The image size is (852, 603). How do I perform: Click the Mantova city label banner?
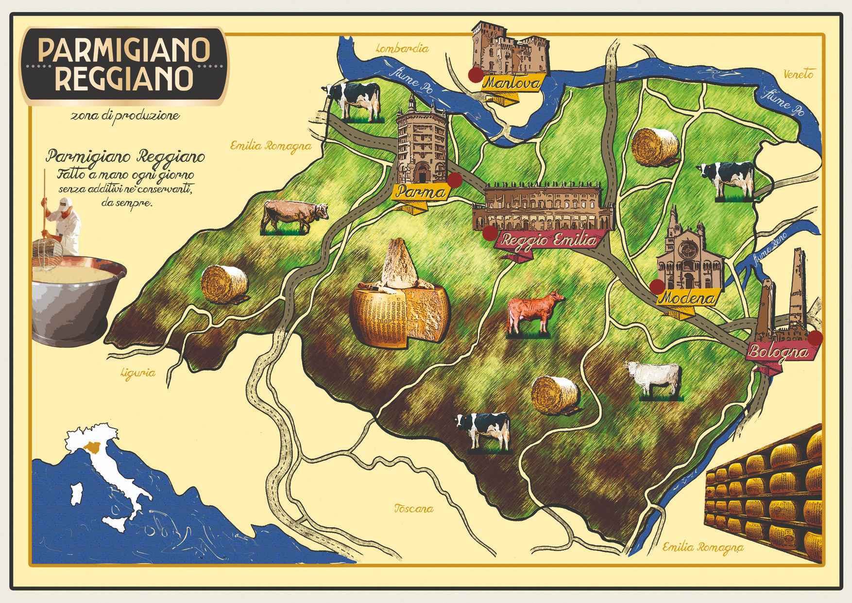(x=511, y=84)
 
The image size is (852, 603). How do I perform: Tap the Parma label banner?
(x=421, y=193)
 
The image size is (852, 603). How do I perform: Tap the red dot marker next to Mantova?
(x=475, y=74)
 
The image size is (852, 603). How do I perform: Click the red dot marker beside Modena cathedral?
(x=657, y=285)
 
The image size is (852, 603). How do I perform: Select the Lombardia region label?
(x=403, y=49)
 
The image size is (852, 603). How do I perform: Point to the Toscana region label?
(x=413, y=509)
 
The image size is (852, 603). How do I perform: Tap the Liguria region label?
(x=139, y=373)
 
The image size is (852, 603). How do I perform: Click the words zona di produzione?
(x=124, y=116)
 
